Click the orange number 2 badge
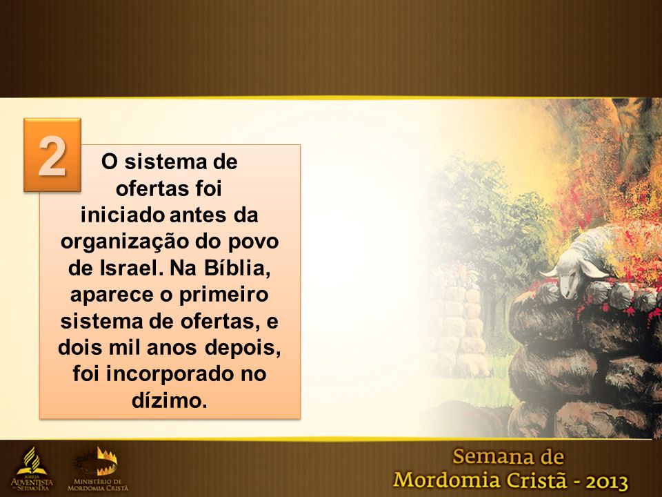[x=52, y=155]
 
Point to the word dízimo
[x=170, y=400]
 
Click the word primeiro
[x=223, y=295]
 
